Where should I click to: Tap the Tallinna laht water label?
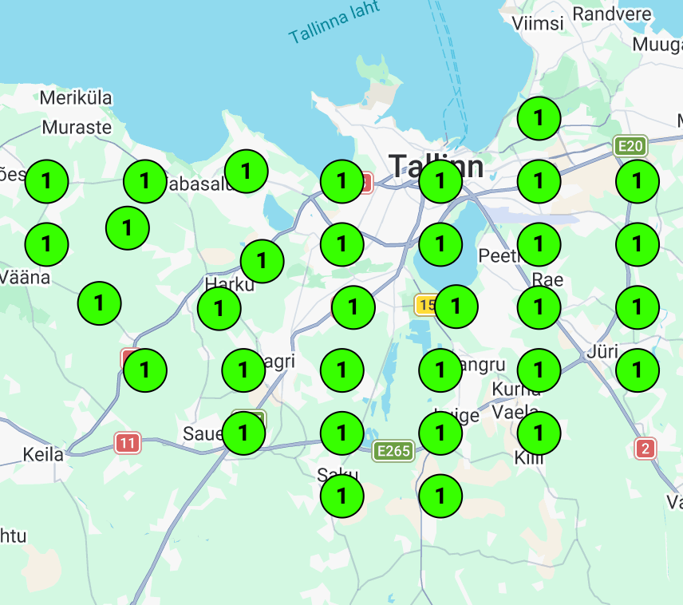point(334,23)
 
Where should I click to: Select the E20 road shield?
point(630,146)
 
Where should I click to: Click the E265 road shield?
point(393,451)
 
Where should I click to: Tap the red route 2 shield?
point(645,449)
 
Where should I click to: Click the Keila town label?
point(43,455)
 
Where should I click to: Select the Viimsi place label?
point(539,23)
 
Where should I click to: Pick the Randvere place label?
point(612,14)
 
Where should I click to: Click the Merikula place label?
point(76,98)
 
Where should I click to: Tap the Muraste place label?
point(77,127)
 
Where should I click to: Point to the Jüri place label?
point(602,351)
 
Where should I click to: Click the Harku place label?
point(229,284)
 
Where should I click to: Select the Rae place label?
point(547,279)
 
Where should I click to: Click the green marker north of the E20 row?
point(539,118)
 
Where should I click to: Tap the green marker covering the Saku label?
point(342,496)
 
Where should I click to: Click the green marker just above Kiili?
point(539,433)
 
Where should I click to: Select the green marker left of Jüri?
point(539,370)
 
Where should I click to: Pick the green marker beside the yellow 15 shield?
point(456,306)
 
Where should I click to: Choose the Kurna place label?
point(517,389)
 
